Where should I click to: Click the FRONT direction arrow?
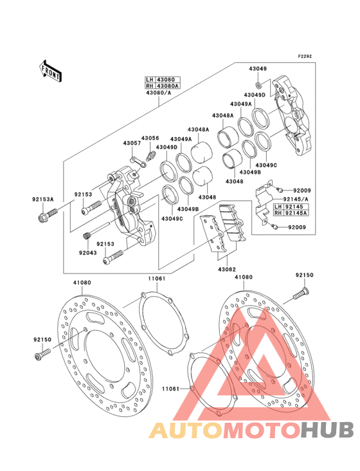pyautogui.click(x=50, y=71)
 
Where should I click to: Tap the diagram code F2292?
pyautogui.click(x=305, y=56)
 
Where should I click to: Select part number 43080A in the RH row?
pyautogui.click(x=168, y=86)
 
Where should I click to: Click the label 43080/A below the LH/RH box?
pyautogui.click(x=159, y=93)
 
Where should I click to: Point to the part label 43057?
pyautogui.click(x=132, y=143)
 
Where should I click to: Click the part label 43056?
pyautogui.click(x=150, y=138)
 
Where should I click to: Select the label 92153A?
pyautogui.click(x=43, y=199)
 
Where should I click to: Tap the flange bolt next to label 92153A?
pyautogui.click(x=48, y=216)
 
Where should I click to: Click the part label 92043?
pyautogui.click(x=88, y=253)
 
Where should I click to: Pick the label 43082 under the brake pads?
pyautogui.click(x=227, y=270)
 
